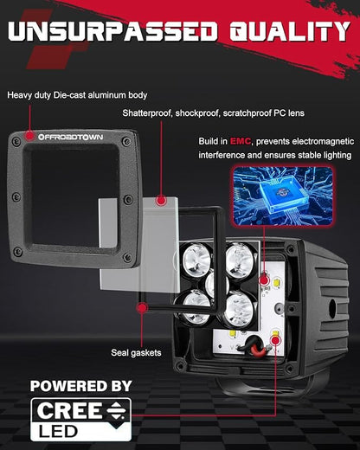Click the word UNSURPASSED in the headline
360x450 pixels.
click(112, 31)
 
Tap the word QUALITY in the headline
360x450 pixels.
click(290, 31)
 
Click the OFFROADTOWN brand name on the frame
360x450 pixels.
click(71, 137)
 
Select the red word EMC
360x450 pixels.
click(241, 141)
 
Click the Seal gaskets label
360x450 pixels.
click(136, 352)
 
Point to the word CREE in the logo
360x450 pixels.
click(69, 411)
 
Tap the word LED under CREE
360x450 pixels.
click(59, 432)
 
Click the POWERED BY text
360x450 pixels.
click(81, 386)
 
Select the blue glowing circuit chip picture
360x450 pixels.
click(282, 195)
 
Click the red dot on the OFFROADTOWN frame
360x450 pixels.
click(29, 136)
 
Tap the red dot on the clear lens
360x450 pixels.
click(161, 200)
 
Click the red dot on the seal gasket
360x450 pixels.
click(142, 308)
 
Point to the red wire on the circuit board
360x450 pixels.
click(259, 349)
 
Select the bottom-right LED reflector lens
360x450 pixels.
click(239, 310)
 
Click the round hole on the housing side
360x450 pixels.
click(332, 307)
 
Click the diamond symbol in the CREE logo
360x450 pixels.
click(116, 410)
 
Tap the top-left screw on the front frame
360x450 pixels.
click(16, 141)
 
